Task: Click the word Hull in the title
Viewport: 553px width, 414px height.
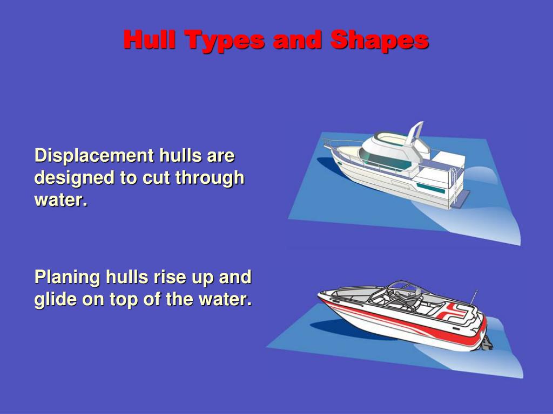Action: click(150, 40)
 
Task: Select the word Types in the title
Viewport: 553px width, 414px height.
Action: click(223, 40)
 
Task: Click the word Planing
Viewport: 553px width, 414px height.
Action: click(67, 277)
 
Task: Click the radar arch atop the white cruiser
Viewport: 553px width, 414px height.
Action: click(415, 133)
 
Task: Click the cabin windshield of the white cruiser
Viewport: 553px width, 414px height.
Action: click(378, 156)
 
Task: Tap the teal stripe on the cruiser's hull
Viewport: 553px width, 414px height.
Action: click(430, 188)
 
